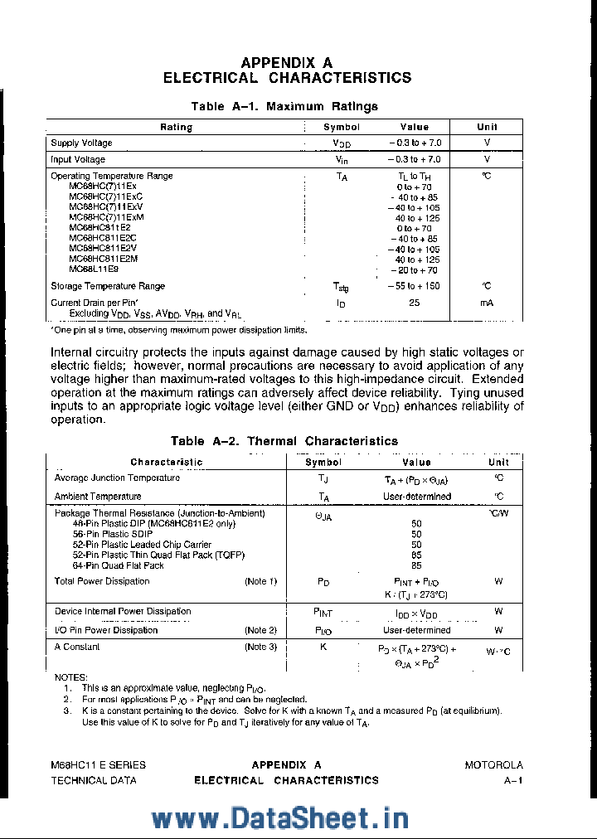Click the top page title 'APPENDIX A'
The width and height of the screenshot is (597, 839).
click(286, 63)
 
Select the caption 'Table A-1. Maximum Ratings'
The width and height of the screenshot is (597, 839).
click(284, 106)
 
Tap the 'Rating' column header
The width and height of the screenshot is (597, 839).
click(176, 127)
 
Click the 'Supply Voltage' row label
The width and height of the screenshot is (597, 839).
click(81, 143)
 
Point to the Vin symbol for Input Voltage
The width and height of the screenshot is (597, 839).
click(342, 159)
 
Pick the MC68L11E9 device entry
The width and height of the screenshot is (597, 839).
click(94, 269)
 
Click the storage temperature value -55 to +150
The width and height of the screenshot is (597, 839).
click(414, 286)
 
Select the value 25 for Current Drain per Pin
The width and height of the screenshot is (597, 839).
click(414, 303)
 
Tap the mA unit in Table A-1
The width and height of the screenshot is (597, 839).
click(487, 303)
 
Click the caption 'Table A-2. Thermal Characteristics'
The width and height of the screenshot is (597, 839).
click(284, 441)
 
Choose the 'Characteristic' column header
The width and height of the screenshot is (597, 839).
click(166, 462)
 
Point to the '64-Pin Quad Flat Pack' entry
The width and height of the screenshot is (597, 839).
click(119, 565)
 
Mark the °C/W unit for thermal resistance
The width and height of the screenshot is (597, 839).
click(498, 513)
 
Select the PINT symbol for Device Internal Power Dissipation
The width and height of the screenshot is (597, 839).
click(323, 613)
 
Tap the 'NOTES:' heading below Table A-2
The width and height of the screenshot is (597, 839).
click(70, 677)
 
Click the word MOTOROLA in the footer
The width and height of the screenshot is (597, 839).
click(493, 765)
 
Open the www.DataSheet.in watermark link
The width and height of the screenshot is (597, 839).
click(280, 817)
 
